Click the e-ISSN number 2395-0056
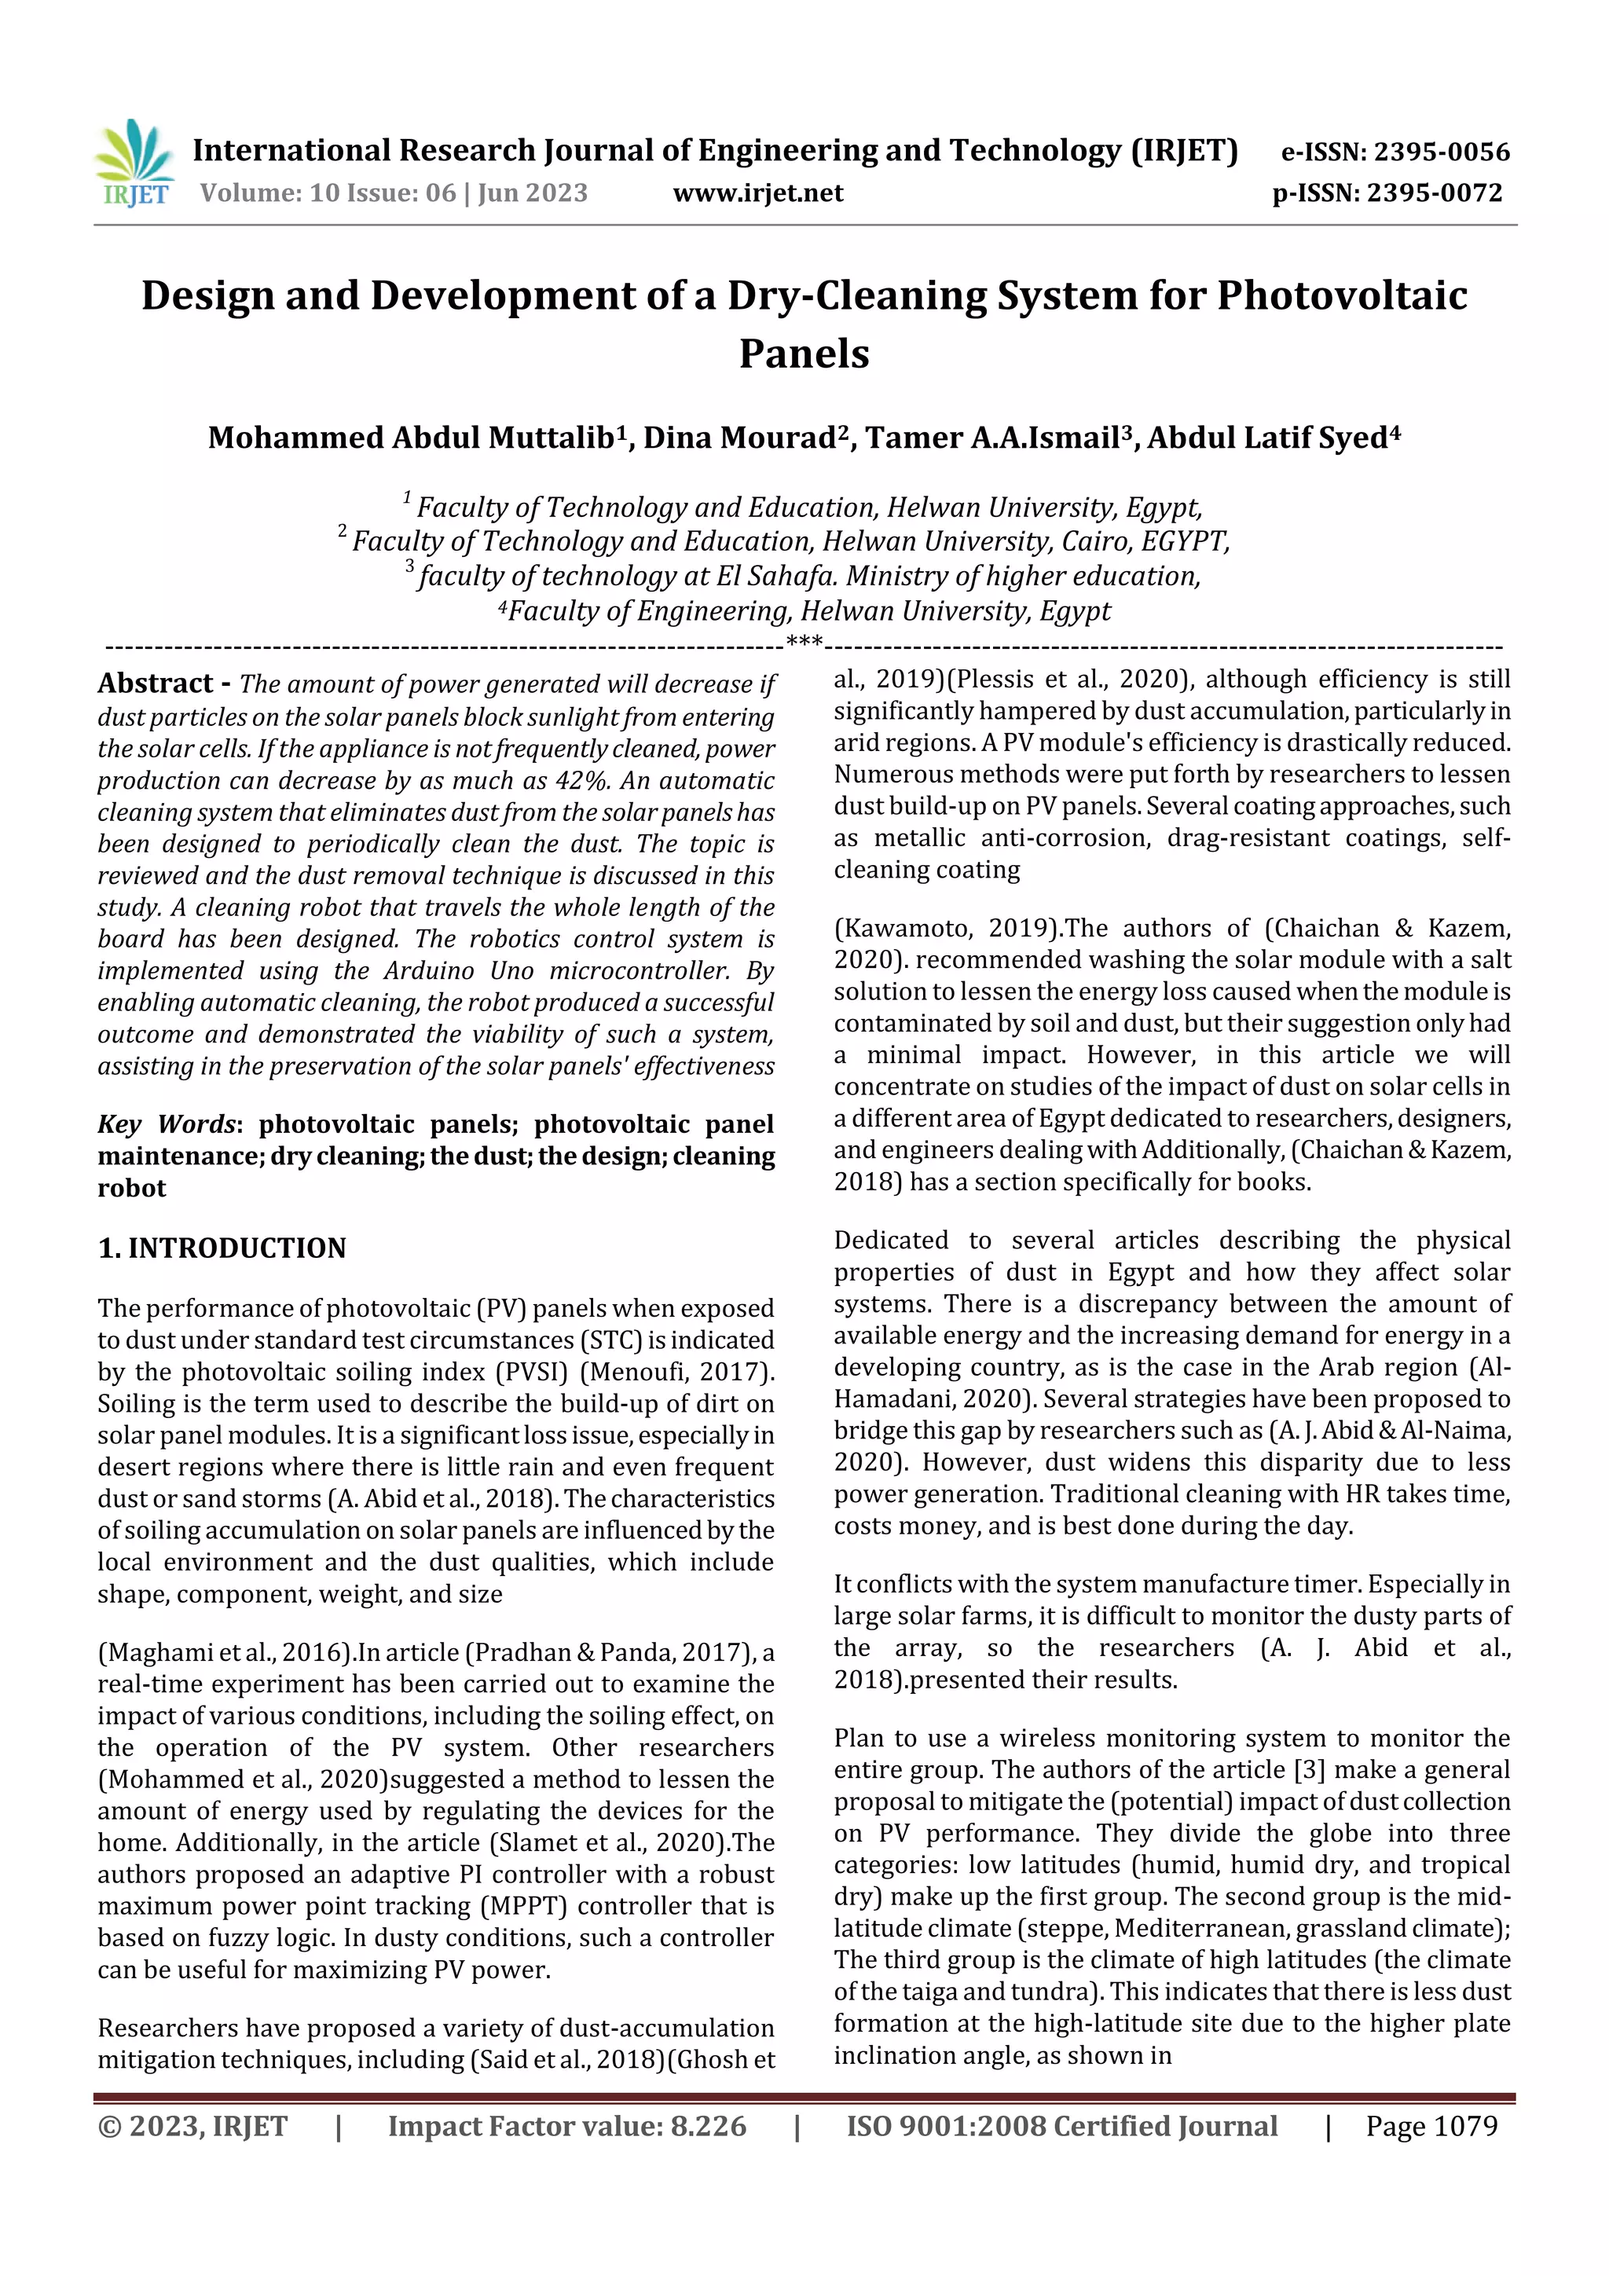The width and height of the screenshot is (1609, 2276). pyautogui.click(x=1442, y=152)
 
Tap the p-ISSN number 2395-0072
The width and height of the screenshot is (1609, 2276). pyautogui.click(x=1435, y=192)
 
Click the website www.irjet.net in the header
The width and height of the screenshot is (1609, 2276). pyautogui.click(x=757, y=192)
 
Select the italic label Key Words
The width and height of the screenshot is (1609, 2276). pyautogui.click(x=167, y=1124)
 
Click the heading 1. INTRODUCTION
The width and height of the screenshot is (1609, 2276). pyautogui.click(x=222, y=1248)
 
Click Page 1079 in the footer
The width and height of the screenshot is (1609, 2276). pyautogui.click(x=1431, y=2126)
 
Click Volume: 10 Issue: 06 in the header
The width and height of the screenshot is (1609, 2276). pyautogui.click(x=327, y=192)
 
